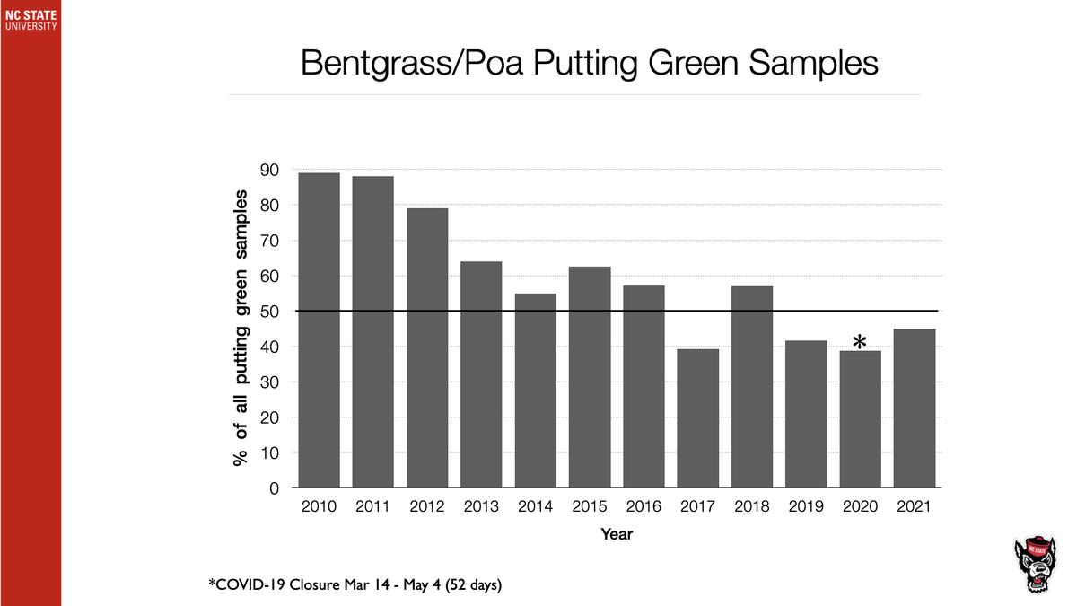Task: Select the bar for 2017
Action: tap(697, 418)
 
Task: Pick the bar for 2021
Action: tap(915, 408)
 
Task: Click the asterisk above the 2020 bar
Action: tap(860, 342)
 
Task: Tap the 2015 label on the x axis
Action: tap(590, 507)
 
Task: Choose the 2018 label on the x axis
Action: tap(751, 507)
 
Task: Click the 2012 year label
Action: tap(427, 507)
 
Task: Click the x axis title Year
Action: tap(617, 534)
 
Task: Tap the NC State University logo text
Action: tap(31, 21)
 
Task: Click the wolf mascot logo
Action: tap(1037, 566)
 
